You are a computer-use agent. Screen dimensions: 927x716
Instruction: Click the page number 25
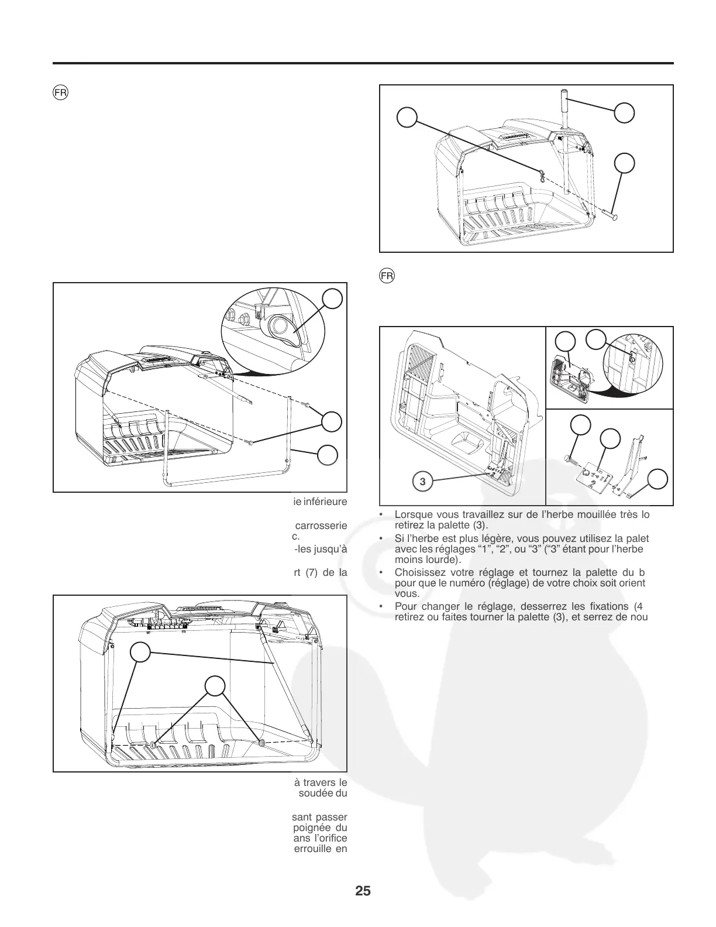(363, 891)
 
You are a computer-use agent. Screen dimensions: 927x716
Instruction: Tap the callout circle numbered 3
(422, 482)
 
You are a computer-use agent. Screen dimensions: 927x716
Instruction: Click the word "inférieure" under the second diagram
(325, 501)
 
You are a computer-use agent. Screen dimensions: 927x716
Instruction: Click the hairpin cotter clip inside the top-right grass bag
(542, 175)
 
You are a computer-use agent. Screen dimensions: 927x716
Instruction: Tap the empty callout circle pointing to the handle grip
(625, 113)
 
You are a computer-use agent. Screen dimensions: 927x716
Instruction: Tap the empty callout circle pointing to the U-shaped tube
(328, 455)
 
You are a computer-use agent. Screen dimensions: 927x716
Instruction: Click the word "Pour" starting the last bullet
(405, 606)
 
